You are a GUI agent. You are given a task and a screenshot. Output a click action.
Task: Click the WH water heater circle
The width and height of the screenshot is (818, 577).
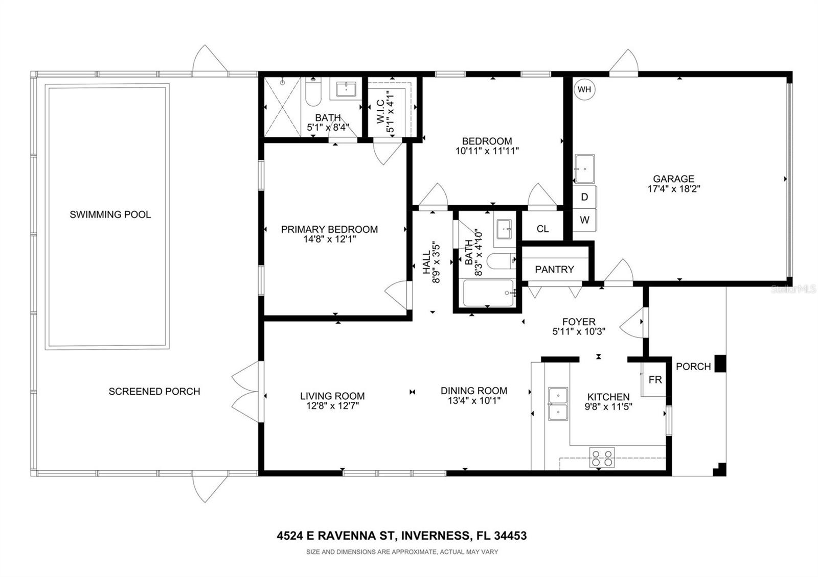pyautogui.click(x=584, y=90)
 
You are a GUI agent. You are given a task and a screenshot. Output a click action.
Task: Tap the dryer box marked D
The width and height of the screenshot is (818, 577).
pyautogui.click(x=584, y=197)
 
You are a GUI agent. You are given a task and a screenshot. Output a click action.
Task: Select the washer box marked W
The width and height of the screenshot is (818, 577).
pyautogui.click(x=584, y=220)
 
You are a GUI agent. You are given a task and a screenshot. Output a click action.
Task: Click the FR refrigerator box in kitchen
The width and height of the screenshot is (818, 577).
pyautogui.click(x=655, y=380)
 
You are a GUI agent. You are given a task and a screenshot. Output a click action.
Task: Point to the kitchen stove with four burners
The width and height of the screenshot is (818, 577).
pyautogui.click(x=602, y=458)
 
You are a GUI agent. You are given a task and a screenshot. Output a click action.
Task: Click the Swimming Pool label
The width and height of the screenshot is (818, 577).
pyautogui.click(x=110, y=214)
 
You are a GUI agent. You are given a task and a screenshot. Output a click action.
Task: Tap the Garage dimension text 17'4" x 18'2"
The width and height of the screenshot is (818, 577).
pyautogui.click(x=673, y=188)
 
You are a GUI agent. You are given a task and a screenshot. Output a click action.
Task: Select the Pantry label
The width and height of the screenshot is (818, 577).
pyautogui.click(x=554, y=269)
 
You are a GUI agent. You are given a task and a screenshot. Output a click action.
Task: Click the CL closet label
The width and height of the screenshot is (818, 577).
pyautogui.click(x=542, y=229)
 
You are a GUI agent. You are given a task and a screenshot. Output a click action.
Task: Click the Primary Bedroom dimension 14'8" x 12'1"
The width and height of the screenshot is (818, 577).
pyautogui.click(x=329, y=239)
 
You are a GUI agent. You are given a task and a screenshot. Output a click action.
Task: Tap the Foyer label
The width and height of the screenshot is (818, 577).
pyautogui.click(x=579, y=322)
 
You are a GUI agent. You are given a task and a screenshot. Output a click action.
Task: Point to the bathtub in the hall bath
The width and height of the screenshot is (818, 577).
pyautogui.click(x=488, y=293)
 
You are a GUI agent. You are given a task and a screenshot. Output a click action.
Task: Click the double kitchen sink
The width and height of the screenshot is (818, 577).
pyautogui.click(x=558, y=403)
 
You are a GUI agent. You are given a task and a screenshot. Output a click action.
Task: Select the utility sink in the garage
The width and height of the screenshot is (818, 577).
pyautogui.click(x=584, y=169)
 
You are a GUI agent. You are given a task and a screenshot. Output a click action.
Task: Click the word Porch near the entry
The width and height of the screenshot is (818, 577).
pyautogui.click(x=693, y=367)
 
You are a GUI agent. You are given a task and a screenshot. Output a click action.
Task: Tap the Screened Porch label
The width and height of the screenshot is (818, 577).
pyautogui.click(x=154, y=392)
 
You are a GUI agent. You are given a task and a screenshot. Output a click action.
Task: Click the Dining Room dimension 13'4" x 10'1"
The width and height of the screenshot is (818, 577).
pyautogui.click(x=474, y=401)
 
